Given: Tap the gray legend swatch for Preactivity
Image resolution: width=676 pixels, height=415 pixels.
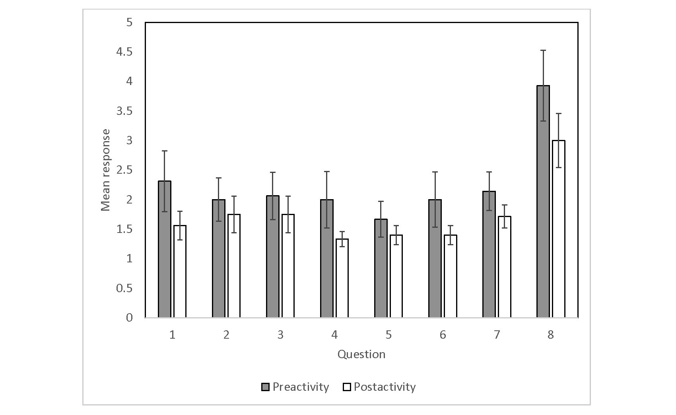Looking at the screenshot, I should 265,387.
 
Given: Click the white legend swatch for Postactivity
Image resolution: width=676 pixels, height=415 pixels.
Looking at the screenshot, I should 346,387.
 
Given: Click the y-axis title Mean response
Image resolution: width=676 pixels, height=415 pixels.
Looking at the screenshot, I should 105,170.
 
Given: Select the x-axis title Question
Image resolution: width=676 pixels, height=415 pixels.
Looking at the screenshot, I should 361,354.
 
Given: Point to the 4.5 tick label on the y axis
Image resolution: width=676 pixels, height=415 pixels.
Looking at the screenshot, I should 124,52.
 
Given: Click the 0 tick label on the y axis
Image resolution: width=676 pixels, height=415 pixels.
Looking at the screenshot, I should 129,318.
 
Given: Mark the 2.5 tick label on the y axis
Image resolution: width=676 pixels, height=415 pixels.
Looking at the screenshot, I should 124,170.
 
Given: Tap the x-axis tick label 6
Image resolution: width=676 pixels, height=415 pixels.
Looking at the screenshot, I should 443,335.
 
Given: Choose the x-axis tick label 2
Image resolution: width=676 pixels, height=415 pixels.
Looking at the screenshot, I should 226,335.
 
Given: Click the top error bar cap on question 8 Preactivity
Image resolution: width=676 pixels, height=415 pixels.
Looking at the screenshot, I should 543,50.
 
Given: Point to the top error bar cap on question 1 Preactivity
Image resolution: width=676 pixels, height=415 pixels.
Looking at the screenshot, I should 165,151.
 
